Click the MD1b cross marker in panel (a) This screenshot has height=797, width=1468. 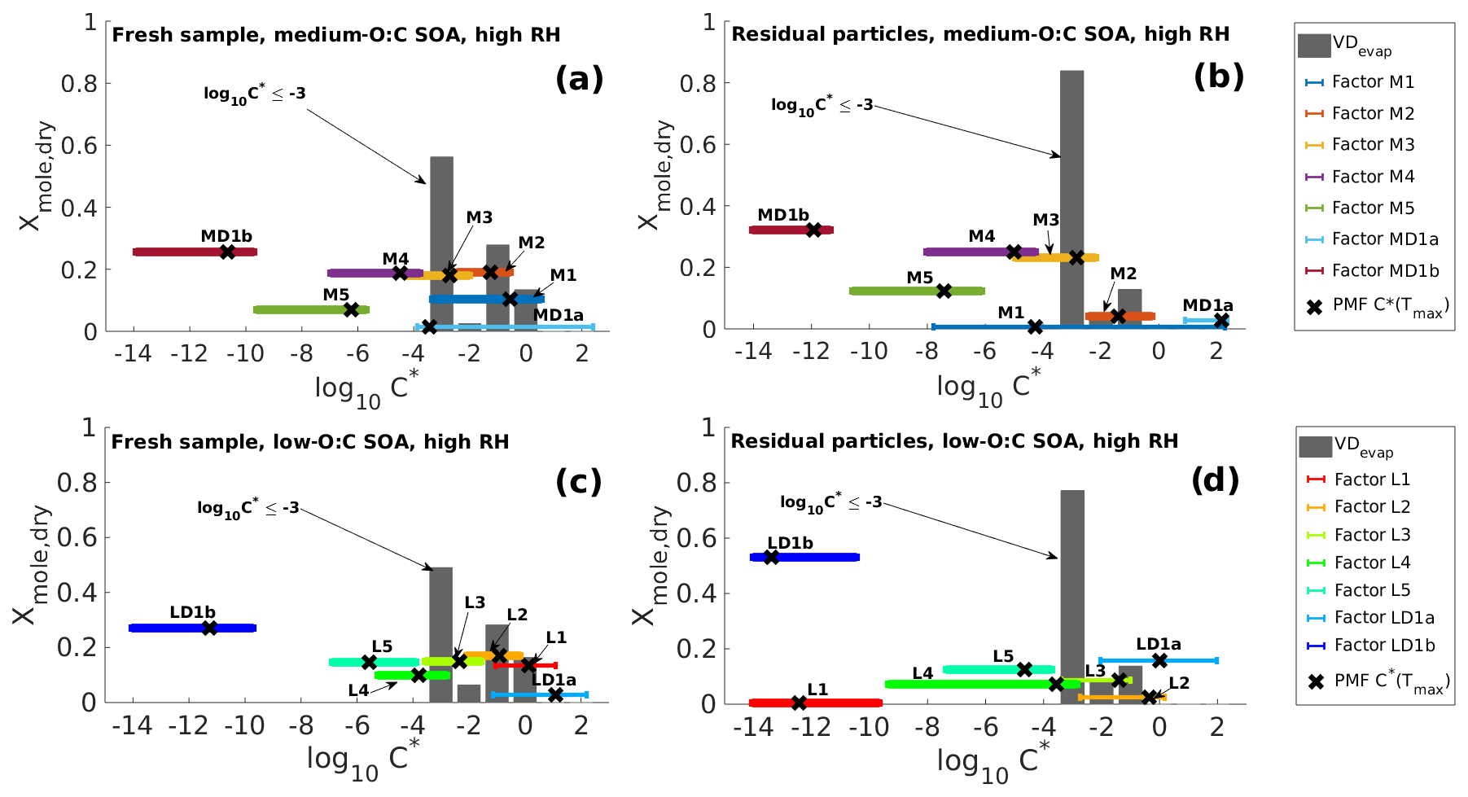227,252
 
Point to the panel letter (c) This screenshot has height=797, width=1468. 579,482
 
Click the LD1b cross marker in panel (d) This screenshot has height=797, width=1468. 771,558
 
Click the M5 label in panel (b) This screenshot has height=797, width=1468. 920,278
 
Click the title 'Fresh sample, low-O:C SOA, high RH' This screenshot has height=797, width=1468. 310,442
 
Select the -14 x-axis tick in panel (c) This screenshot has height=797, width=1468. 133,725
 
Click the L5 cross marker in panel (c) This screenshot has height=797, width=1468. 369,663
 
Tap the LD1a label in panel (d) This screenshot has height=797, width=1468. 1159,645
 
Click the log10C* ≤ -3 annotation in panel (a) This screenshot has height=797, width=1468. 255,94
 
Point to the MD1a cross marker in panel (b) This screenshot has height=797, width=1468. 1221,321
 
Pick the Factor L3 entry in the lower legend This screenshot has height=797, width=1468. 1372,535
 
